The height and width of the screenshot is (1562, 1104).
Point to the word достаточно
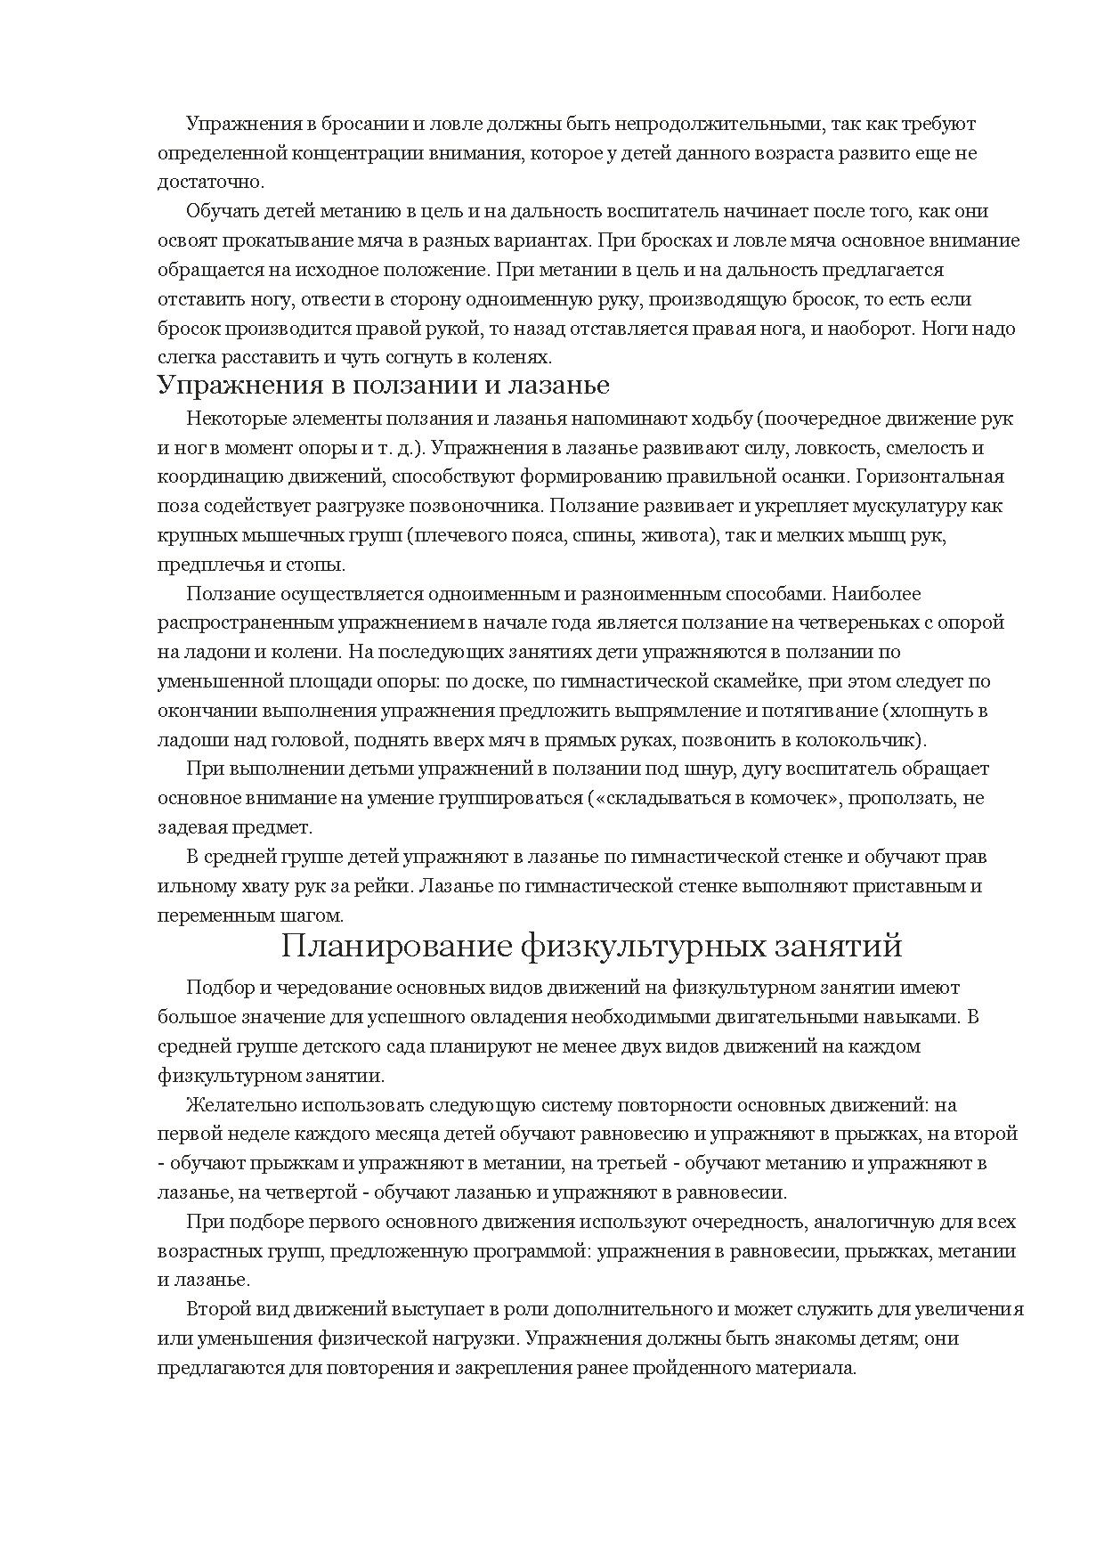pyautogui.click(x=210, y=183)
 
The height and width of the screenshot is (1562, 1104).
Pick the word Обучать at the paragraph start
pyautogui.click(x=218, y=212)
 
